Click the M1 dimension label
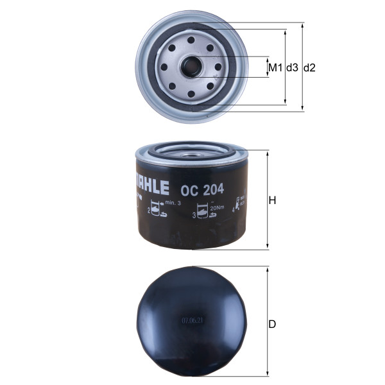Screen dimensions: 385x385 point(275,67)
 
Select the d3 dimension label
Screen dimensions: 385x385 point(292,67)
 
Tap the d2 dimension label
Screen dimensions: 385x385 point(310,67)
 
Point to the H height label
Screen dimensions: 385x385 point(272,201)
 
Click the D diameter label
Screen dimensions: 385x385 point(272,324)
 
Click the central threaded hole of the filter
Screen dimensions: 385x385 point(192,66)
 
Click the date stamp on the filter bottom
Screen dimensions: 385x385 point(192,319)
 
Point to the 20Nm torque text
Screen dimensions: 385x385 point(216,207)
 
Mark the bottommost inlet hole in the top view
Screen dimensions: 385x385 point(192,94)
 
